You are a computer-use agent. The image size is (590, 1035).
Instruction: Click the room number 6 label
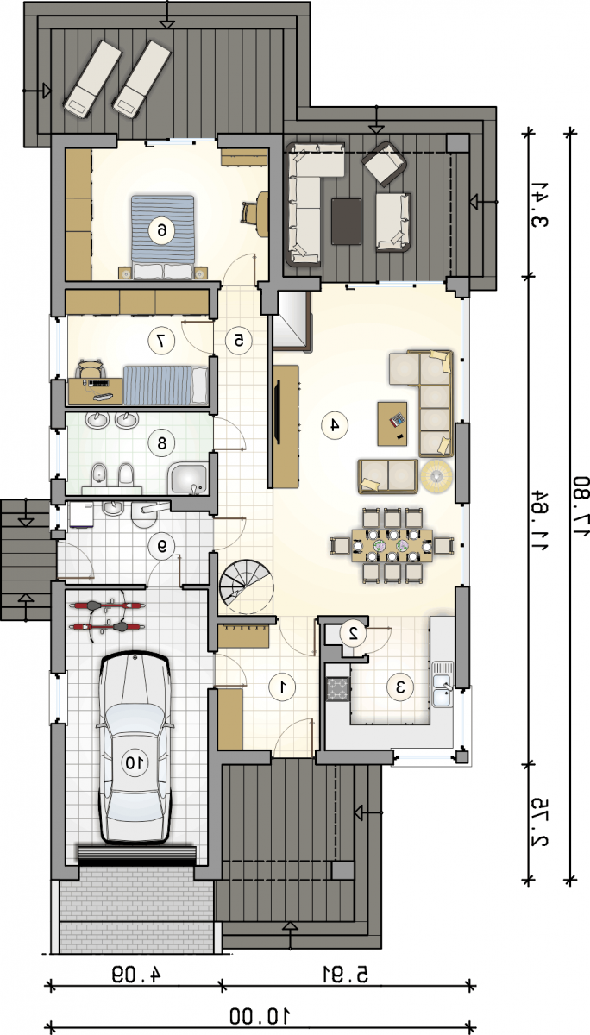(162, 230)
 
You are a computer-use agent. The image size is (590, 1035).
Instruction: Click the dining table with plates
(392, 546)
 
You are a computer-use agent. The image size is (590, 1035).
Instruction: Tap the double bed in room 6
(162, 237)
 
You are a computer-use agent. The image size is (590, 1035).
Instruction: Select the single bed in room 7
(166, 385)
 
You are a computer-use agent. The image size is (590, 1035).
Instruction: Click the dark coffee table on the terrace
(346, 221)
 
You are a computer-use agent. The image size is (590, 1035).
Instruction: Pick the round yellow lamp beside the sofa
(436, 476)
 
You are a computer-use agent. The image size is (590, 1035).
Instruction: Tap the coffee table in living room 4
(392, 423)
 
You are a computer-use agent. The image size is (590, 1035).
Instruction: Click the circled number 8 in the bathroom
(161, 443)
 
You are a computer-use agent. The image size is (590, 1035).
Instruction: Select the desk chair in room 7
(90, 369)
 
